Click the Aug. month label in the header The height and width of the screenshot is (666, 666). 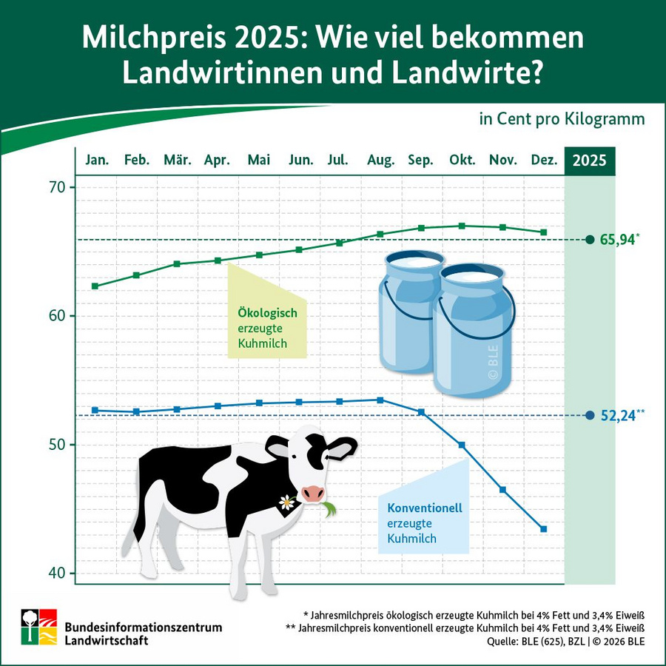[381, 161]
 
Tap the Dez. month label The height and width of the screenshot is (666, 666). [544, 161]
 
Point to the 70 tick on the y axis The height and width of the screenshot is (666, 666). [57, 187]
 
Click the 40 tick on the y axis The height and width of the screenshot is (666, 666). [57, 573]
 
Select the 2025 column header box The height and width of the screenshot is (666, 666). [590, 161]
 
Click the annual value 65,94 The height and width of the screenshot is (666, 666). [618, 240]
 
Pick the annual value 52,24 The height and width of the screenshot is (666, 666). [618, 416]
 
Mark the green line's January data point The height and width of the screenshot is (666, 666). [95, 286]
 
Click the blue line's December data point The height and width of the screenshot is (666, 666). [544, 529]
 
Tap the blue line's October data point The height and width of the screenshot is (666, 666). [462, 445]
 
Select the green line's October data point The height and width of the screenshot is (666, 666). [462, 226]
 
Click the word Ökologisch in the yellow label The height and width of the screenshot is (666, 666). [267, 313]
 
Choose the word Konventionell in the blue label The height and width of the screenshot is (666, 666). [425, 508]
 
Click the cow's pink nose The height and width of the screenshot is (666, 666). [313, 494]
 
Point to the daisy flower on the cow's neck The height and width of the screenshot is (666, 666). [286, 502]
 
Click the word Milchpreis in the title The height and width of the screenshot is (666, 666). [147, 38]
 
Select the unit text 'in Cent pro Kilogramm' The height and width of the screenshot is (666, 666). [562, 119]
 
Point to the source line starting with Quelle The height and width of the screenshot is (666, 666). [565, 642]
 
